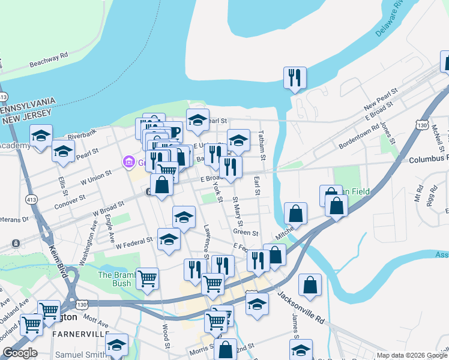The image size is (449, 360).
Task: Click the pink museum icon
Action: pyautogui.click(x=127, y=162)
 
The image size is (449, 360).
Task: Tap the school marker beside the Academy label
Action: pyautogui.click(x=41, y=137)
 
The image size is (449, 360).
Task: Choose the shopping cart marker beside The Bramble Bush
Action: pyautogui.click(x=147, y=279)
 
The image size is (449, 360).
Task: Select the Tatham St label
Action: pyautogui.click(x=262, y=145)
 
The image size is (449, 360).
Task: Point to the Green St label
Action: pyautogui.click(x=246, y=233)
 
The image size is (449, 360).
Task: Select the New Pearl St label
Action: pyautogui.click(x=381, y=98)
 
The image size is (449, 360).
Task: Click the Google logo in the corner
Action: pyautogui.click(x=20, y=353)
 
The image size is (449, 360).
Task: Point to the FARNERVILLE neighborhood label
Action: pyautogui.click(x=81, y=334)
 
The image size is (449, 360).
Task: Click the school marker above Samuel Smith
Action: pyautogui.click(x=116, y=344)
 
